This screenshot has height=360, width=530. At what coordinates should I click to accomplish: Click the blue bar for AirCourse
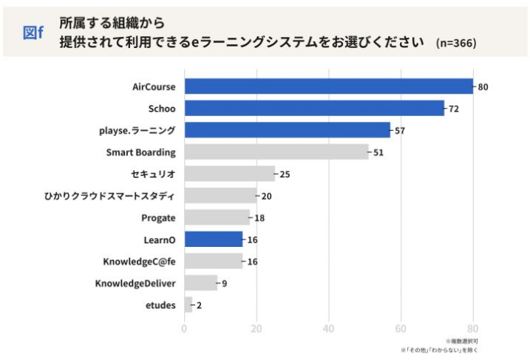(x=328, y=86)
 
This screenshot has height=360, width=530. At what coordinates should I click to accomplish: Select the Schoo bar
(x=314, y=109)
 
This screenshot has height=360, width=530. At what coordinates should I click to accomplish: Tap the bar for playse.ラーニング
(x=287, y=130)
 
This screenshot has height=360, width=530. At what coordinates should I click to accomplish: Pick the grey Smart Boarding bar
(x=276, y=152)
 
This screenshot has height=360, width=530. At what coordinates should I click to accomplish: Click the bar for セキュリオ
(x=229, y=174)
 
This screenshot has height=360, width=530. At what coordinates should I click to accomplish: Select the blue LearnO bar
(x=213, y=240)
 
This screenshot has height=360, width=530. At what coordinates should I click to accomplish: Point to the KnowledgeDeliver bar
(x=200, y=283)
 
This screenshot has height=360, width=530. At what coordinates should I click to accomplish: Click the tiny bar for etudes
(x=188, y=305)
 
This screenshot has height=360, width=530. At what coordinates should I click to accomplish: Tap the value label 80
(x=483, y=87)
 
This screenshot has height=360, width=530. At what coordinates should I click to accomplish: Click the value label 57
(x=400, y=131)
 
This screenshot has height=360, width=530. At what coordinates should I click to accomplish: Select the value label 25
(x=285, y=174)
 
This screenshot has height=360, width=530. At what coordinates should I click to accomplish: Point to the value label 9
(x=225, y=283)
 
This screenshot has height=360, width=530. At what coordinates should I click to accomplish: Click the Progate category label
(x=158, y=218)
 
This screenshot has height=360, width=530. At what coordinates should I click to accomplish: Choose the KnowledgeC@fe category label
(x=139, y=262)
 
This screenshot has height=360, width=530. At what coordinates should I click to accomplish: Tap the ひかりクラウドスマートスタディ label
(x=110, y=196)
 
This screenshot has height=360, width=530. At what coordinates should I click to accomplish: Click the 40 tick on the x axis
(x=328, y=329)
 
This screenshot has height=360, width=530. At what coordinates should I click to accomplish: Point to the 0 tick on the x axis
(x=184, y=329)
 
